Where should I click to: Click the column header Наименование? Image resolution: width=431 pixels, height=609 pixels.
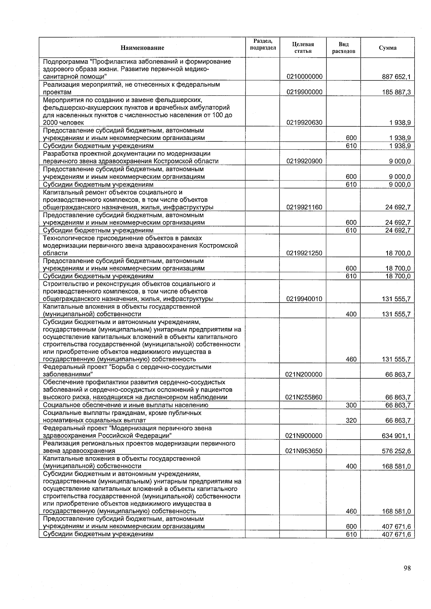pyautogui.click(x=142, y=48)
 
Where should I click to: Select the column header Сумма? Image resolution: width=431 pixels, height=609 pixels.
pyautogui.click(x=388, y=48)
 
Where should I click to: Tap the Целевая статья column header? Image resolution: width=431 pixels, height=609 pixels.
pyautogui.click(x=303, y=47)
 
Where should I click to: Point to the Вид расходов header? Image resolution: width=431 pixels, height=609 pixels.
pyautogui.click(x=343, y=47)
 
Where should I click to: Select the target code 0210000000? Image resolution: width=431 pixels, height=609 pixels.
pyautogui.click(x=304, y=76)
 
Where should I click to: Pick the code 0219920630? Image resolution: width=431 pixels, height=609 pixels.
pyautogui.click(x=304, y=122)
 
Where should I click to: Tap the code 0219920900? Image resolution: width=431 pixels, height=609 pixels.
pyautogui.click(x=304, y=161)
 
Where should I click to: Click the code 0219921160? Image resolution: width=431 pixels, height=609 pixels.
pyautogui.click(x=304, y=207)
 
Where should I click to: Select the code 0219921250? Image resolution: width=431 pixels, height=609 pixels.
pyautogui.click(x=304, y=253)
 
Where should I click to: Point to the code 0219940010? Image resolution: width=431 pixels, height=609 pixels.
pyautogui.click(x=304, y=299)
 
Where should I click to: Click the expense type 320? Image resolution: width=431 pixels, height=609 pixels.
pyautogui.click(x=351, y=420)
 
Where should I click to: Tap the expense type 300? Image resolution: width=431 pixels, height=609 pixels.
pyautogui.click(x=351, y=405)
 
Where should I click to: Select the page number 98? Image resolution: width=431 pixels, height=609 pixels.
pyautogui.click(x=407, y=568)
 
